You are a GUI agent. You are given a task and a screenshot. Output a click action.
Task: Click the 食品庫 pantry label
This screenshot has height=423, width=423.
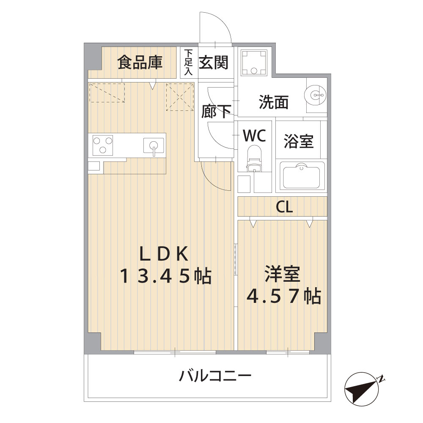click(140, 62)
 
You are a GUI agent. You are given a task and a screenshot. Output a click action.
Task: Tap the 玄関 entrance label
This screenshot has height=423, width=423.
click(214, 62)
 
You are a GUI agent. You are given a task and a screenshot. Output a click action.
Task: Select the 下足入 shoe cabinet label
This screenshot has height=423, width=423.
click(189, 62)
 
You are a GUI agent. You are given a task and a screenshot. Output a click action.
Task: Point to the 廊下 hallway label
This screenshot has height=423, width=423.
click(216, 111)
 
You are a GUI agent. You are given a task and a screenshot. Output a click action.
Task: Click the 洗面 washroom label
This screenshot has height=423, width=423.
click(274, 102)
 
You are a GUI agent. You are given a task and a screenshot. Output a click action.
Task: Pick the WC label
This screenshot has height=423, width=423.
click(255, 135)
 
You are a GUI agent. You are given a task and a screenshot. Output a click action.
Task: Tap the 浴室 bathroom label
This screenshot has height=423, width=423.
click(299, 141)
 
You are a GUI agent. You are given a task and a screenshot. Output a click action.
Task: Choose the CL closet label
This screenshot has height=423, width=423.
click(284, 207)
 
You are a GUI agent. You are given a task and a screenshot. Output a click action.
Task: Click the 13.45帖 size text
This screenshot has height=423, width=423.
click(166, 276)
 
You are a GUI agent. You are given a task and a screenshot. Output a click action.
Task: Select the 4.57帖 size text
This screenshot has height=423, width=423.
click(284, 297)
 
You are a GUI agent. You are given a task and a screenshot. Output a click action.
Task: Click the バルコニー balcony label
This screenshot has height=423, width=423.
click(215, 376)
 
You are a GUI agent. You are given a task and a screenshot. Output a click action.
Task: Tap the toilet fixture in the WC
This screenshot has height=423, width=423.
click(254, 158)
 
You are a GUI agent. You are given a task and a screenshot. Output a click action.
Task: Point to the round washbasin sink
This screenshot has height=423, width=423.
click(315, 95)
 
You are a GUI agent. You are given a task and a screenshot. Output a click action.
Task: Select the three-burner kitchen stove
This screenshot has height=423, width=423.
click(102, 146)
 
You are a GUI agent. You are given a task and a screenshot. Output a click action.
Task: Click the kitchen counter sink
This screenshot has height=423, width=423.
click(154, 146)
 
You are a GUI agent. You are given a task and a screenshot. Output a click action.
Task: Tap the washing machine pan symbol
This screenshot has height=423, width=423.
click(254, 63)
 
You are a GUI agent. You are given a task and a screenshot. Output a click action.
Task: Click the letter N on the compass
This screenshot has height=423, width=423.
click(381, 379)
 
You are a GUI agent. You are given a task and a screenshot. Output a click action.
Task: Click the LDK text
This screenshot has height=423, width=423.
click(164, 254)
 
